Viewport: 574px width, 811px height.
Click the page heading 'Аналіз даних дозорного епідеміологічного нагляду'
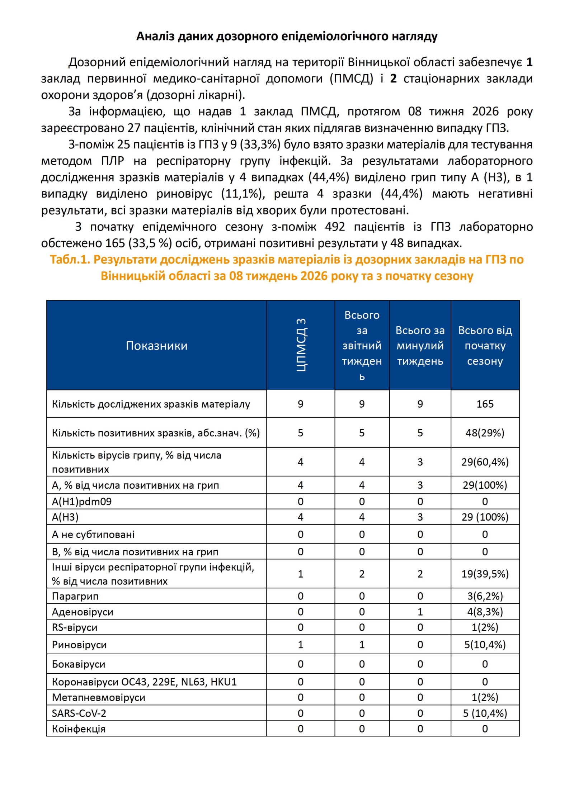pos(287,36)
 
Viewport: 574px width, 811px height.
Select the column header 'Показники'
pos(156,346)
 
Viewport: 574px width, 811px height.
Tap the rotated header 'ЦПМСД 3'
pos(301,345)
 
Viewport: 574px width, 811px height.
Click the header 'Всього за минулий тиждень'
pos(420,346)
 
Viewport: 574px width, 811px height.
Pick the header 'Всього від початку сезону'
pos(485,346)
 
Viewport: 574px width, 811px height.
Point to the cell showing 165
pos(485,404)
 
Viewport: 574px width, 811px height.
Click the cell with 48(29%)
pos(485,433)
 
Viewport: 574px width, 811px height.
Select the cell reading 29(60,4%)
pos(485,462)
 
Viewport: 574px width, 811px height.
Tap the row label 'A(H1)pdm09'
pos(82,501)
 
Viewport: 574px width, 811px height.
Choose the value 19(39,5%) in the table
pos(485,574)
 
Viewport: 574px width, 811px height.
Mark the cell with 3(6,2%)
pos(485,596)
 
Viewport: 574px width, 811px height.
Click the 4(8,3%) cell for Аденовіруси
pos(485,612)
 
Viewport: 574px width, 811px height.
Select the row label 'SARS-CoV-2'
pos(79,713)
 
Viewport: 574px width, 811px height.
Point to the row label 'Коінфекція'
pos(79,729)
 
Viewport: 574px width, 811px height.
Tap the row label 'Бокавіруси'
pos(79,664)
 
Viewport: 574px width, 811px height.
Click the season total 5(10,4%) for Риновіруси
pos(485,645)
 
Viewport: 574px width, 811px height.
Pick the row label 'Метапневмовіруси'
pos(98,697)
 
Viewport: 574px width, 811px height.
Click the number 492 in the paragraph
pos(335,227)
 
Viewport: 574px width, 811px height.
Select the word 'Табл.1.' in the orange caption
pos(70,260)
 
